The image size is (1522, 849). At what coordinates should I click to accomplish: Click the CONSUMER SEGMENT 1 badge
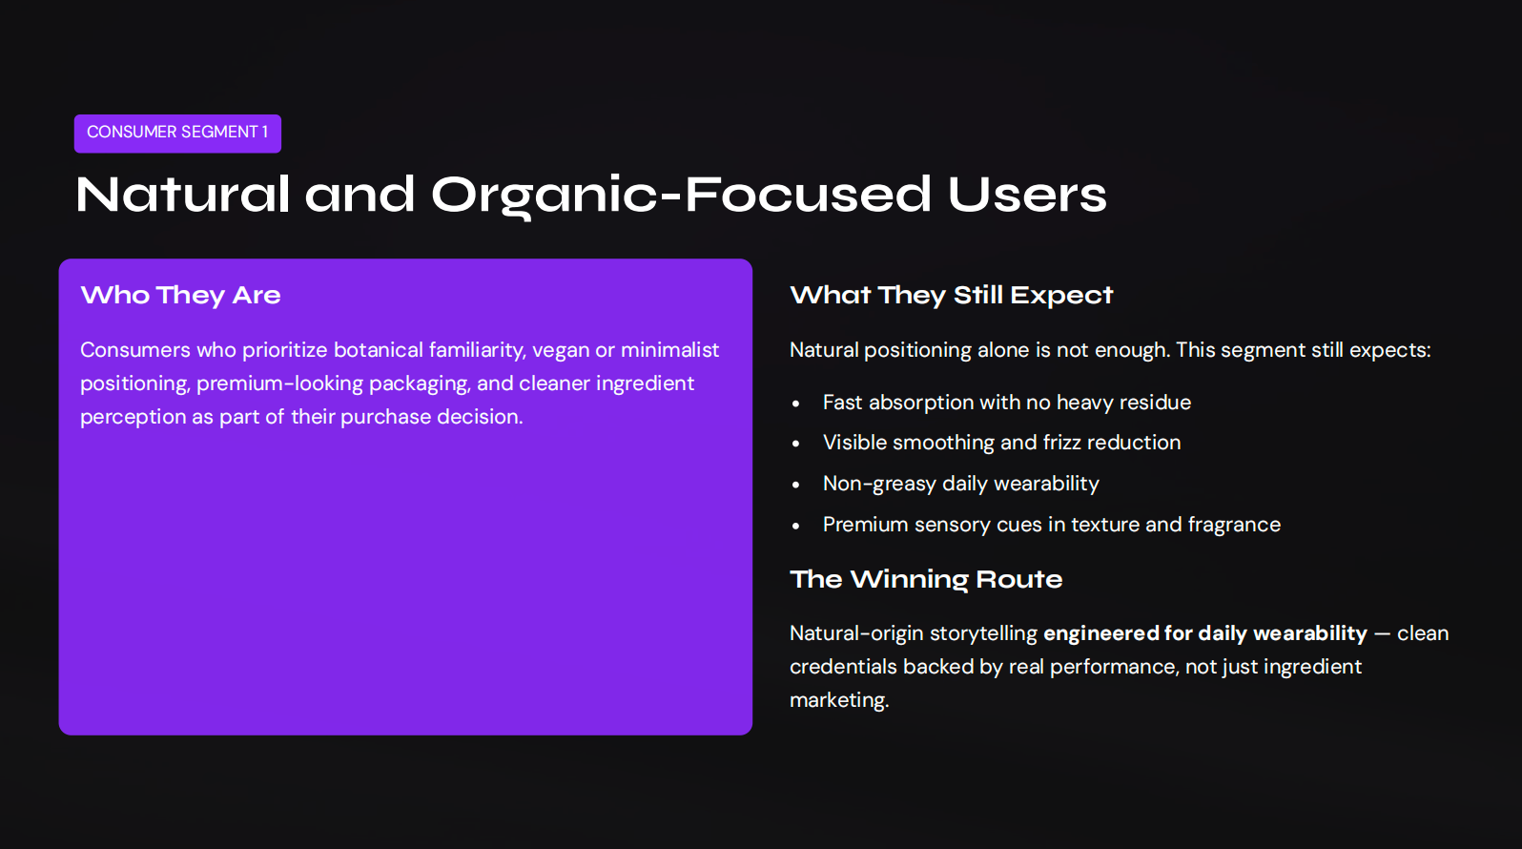(177, 133)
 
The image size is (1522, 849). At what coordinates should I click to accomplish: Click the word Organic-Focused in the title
(681, 196)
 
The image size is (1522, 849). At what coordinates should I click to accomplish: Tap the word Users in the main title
(1026, 196)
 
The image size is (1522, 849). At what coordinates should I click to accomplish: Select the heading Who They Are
(180, 295)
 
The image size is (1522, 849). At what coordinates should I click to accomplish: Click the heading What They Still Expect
(951, 295)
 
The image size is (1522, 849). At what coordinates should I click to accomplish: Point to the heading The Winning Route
(925, 579)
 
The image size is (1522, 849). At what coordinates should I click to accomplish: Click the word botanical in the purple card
(378, 350)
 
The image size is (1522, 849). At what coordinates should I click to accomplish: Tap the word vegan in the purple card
(561, 350)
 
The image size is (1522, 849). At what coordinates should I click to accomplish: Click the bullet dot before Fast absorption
(795, 404)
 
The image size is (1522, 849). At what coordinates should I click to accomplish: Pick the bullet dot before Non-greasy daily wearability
(795, 485)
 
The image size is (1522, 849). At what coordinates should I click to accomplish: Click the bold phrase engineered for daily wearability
(1204, 633)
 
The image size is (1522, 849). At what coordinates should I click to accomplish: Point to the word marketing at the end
(838, 700)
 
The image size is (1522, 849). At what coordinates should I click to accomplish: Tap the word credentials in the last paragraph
(843, 667)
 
